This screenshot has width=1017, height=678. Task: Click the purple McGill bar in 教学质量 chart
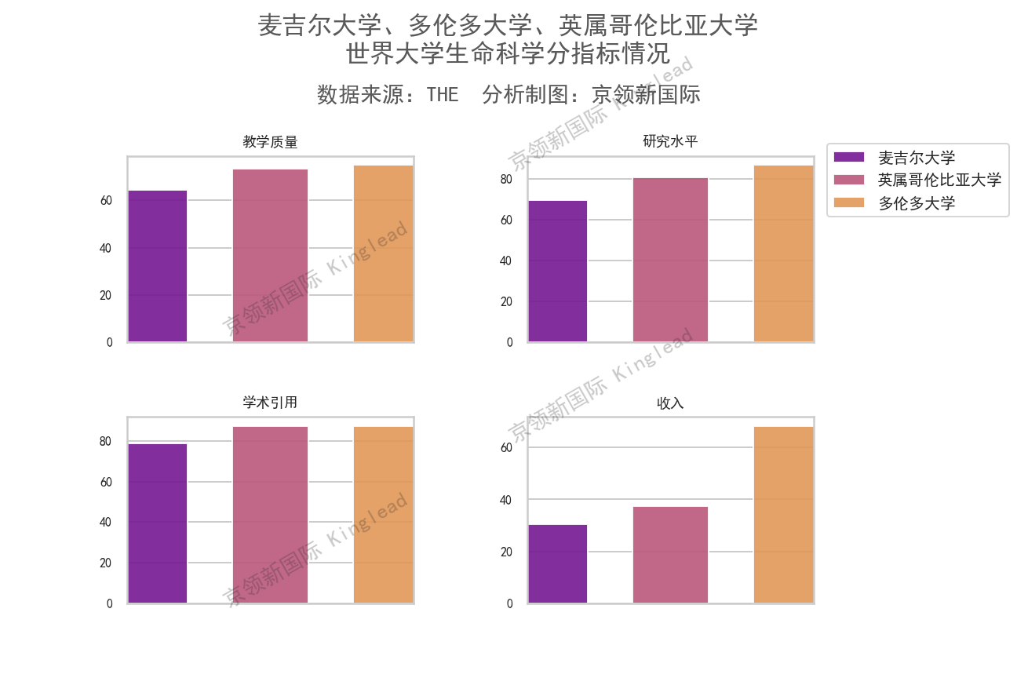pyautogui.click(x=158, y=266)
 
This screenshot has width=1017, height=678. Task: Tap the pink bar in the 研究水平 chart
pyautogui.click(x=670, y=260)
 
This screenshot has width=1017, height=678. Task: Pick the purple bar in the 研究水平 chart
pyautogui.click(x=557, y=271)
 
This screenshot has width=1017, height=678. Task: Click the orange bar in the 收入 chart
pyautogui.click(x=783, y=515)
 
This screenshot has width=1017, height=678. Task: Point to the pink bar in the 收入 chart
pyautogui.click(x=670, y=555)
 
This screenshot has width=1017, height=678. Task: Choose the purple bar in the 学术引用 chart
pyautogui.click(x=158, y=523)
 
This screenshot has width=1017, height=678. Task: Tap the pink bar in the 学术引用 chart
pyautogui.click(x=270, y=515)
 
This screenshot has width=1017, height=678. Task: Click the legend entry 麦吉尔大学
pyautogui.click(x=916, y=158)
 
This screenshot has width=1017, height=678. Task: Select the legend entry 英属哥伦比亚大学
pyautogui.click(x=939, y=180)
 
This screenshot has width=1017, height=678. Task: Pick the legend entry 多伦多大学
pyautogui.click(x=916, y=203)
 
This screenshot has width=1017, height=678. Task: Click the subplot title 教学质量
pyautogui.click(x=270, y=142)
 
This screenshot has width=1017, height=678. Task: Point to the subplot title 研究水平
pyautogui.click(x=670, y=142)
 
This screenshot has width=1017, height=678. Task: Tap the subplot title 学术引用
pyautogui.click(x=270, y=403)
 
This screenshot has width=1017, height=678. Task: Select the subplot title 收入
pyautogui.click(x=670, y=403)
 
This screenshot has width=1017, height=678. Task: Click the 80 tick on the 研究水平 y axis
pyautogui.click(x=506, y=179)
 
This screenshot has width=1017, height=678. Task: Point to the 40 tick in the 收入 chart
pyautogui.click(x=506, y=500)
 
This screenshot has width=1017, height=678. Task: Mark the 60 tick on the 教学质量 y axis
pyautogui.click(x=106, y=201)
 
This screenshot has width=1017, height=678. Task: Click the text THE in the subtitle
pyautogui.click(x=443, y=95)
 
